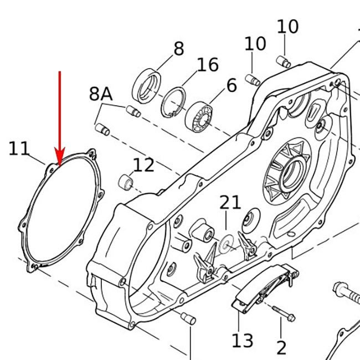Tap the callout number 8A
point(101,94)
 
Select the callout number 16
point(208,65)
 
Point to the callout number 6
point(232,85)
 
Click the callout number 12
point(143,164)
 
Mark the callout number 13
point(243,341)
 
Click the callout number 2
point(281,348)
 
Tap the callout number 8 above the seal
point(178,49)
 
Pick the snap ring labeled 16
point(177,101)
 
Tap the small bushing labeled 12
point(127,182)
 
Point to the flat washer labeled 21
point(226,244)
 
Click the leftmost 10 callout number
point(255,44)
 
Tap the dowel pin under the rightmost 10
point(284,61)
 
